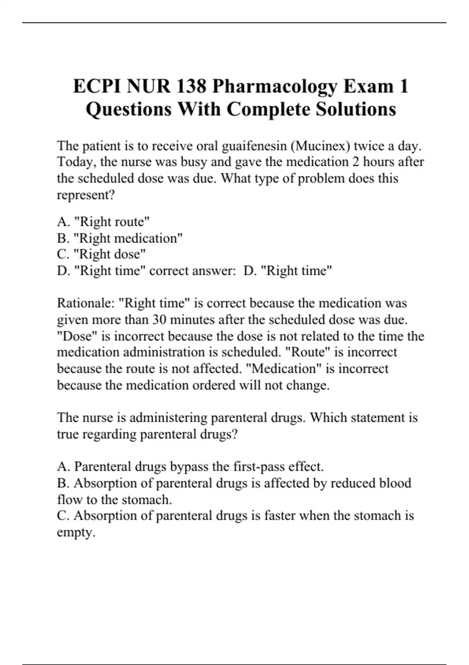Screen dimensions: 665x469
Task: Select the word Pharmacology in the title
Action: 274,86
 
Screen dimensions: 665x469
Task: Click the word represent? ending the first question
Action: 86,195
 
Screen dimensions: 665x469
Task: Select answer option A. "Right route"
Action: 103,222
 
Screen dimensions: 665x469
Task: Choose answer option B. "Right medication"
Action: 120,238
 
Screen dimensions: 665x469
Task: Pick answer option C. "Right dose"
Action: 101,254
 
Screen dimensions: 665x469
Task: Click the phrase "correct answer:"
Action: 191,271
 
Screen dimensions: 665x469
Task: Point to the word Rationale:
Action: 86,303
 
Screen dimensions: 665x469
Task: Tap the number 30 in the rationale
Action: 160,320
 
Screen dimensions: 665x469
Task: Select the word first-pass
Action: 258,467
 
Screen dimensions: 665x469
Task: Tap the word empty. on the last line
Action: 76,532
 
